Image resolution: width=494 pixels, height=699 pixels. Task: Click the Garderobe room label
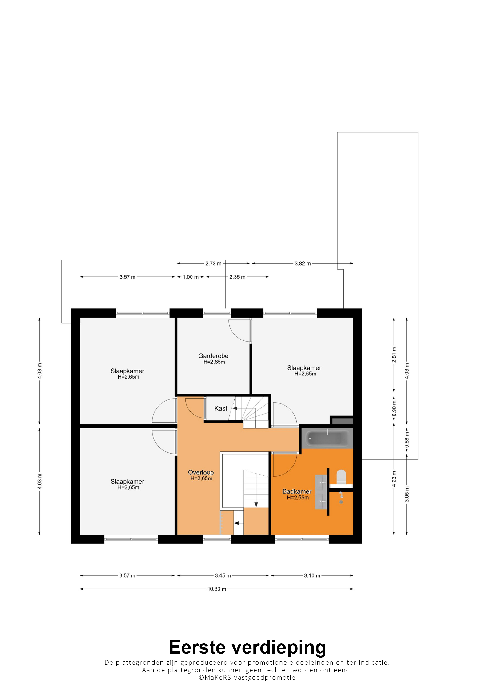[x=213, y=356]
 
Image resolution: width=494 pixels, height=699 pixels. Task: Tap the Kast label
[x=221, y=409]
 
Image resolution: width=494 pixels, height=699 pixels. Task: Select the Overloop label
[x=201, y=472]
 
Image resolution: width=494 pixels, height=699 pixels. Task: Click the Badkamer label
[x=297, y=491]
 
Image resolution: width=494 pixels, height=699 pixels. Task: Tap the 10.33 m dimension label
[x=217, y=589]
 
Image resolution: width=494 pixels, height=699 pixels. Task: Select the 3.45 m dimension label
[x=223, y=576]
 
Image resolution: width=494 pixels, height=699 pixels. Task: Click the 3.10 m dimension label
[x=312, y=576]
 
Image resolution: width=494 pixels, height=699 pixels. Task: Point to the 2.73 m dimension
[x=213, y=264]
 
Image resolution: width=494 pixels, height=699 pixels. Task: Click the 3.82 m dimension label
[x=303, y=264]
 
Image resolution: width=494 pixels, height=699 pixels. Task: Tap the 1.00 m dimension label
[x=191, y=277]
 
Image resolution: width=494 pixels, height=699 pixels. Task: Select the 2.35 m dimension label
[x=237, y=277]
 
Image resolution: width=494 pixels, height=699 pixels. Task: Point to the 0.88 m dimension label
[x=407, y=440]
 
